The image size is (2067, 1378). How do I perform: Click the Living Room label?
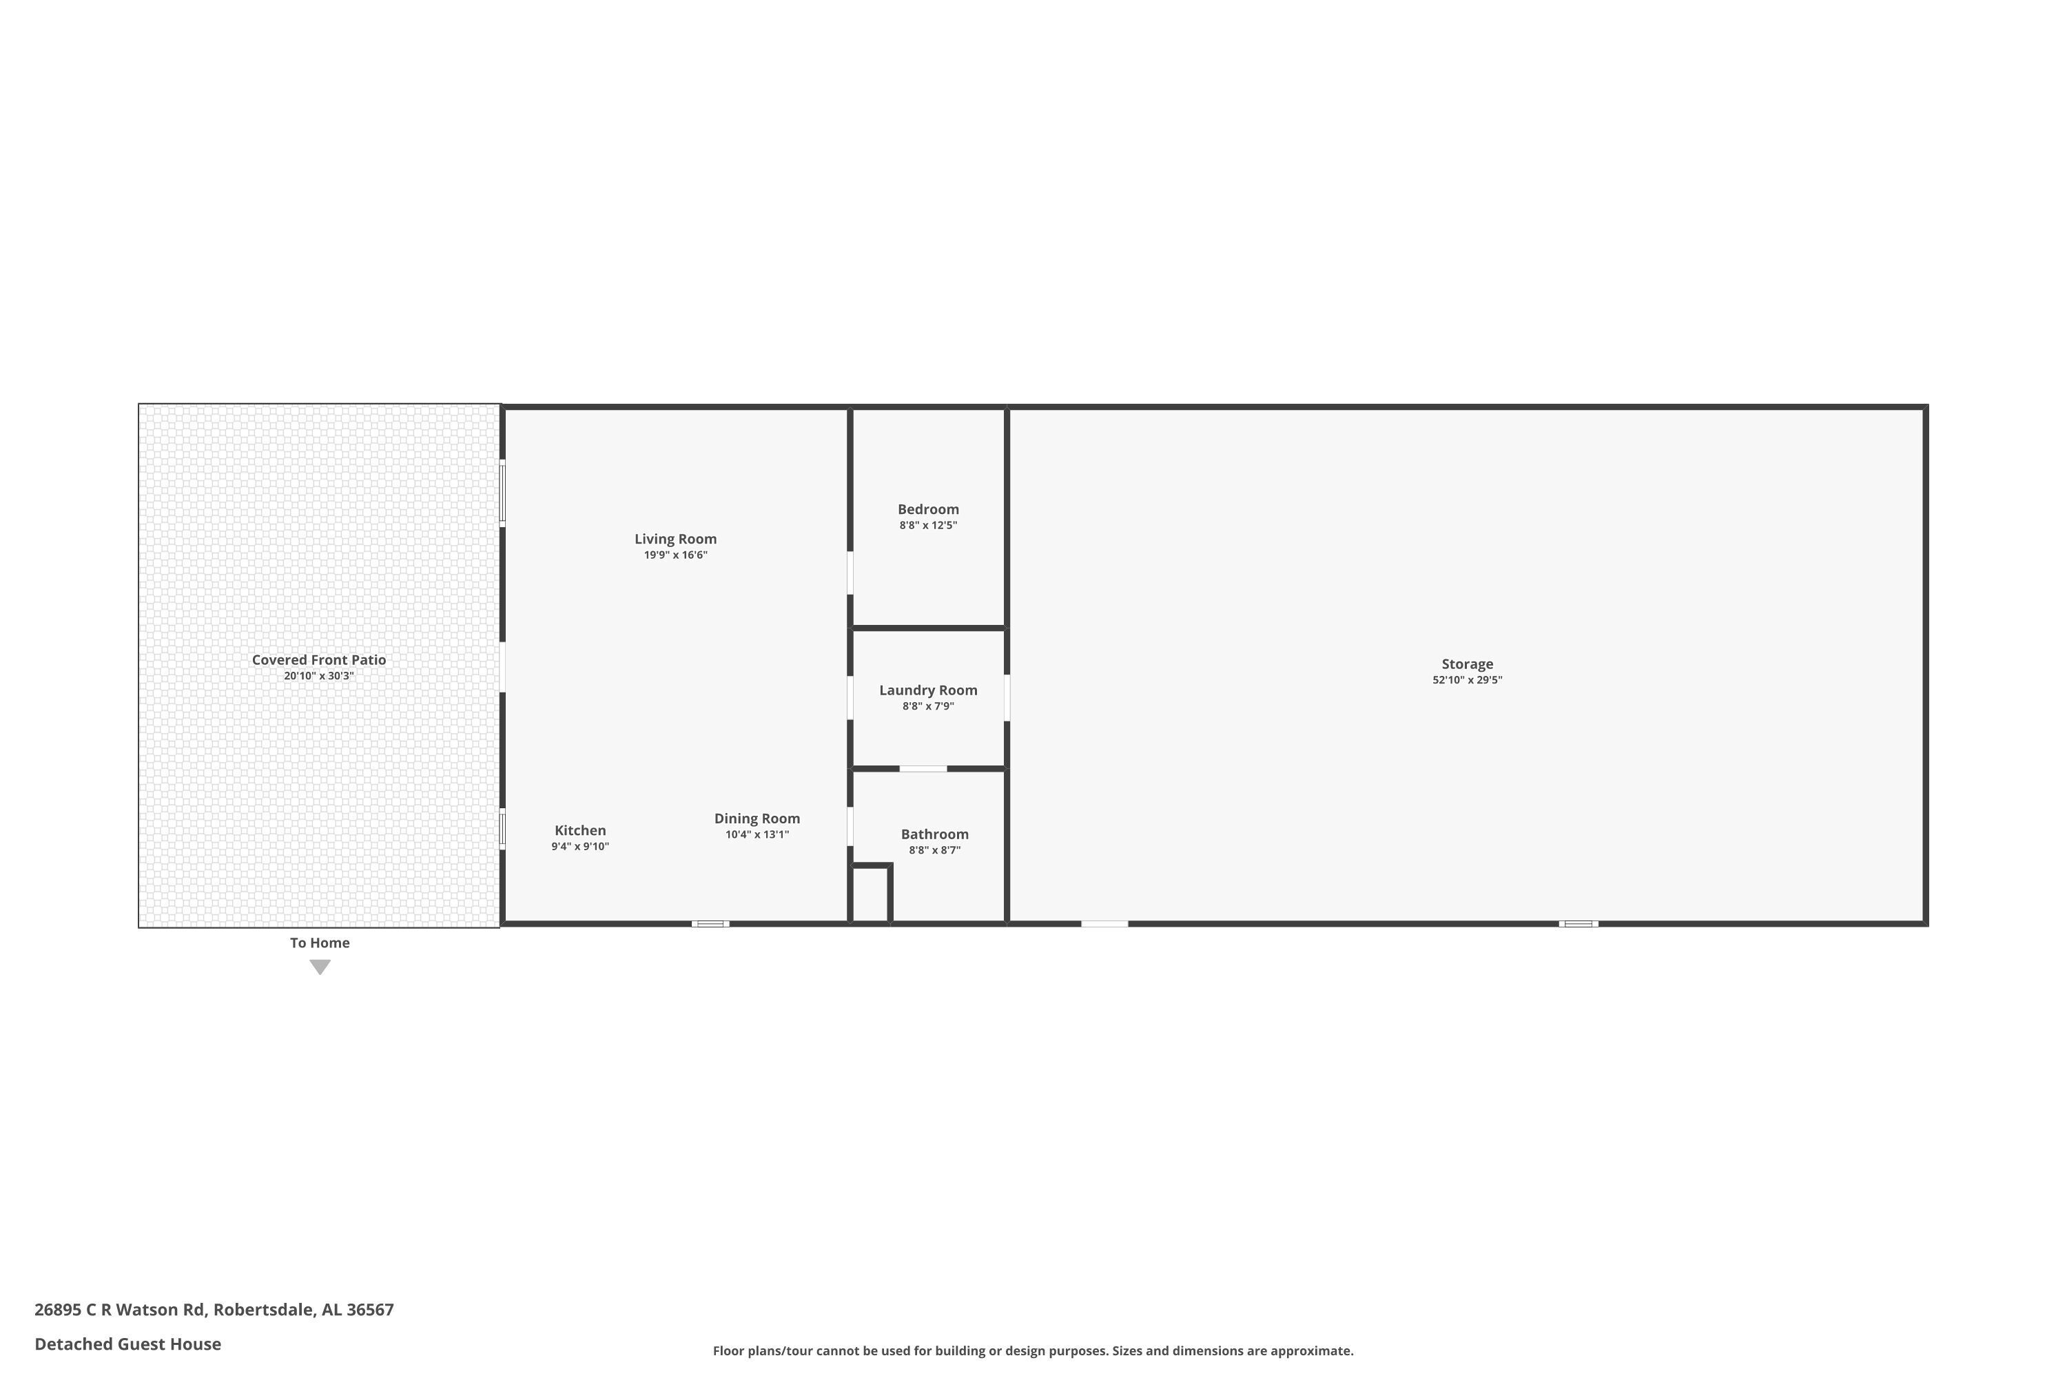(675, 539)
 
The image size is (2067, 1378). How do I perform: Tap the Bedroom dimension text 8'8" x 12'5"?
(928, 526)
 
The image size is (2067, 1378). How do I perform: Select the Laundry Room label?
(928, 690)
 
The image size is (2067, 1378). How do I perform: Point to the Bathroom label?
(934, 834)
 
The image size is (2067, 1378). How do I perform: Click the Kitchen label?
(580, 830)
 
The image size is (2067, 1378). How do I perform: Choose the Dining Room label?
(757, 819)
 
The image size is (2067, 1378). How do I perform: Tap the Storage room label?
(1467, 664)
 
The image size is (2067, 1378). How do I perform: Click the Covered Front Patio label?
(319, 660)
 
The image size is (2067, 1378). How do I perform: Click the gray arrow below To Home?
(320, 967)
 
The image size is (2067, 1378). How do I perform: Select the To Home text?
(320, 943)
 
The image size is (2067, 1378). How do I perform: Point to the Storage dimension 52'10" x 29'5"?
(1467, 680)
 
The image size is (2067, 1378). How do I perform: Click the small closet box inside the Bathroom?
(871, 894)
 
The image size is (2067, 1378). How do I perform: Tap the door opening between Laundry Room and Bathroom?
(923, 769)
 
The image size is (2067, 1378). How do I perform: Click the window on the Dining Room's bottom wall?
(710, 924)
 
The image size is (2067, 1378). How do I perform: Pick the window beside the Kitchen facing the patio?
(503, 829)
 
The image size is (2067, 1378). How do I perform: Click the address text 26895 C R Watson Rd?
(121, 1310)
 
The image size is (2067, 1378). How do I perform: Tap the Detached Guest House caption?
(127, 1344)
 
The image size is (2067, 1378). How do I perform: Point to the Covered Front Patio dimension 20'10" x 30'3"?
(319, 676)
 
